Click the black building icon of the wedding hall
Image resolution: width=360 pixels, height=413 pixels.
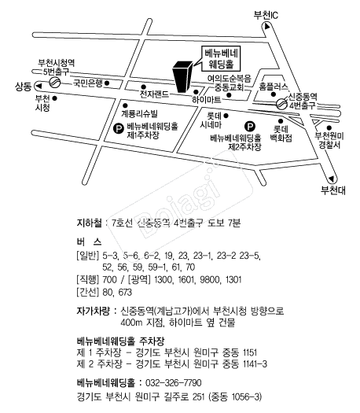coord(182,77)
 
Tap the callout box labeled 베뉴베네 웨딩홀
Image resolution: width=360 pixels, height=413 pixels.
coord(221,59)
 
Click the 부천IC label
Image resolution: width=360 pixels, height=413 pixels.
coord(266,15)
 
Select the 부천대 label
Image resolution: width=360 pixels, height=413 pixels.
coord(333,190)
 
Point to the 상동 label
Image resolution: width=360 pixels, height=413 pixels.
coord(23,87)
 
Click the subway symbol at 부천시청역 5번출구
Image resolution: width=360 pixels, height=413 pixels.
coord(55,83)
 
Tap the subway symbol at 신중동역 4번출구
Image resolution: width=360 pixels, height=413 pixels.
coord(281,104)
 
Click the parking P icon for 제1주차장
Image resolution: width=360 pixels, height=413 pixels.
coord(118,128)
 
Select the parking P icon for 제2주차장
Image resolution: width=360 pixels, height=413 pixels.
coord(250,127)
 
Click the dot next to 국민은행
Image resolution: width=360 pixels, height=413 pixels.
coord(107,83)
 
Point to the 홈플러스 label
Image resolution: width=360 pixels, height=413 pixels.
coord(274,87)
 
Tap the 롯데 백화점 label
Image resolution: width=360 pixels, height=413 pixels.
coord(281,134)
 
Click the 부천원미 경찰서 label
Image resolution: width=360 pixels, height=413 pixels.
coord(329,140)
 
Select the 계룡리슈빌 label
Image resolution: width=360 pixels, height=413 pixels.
coord(139,113)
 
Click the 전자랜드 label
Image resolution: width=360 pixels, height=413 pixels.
coord(154,94)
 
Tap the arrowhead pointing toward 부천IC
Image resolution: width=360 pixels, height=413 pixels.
coord(267,26)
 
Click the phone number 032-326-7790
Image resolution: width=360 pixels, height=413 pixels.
coord(174,382)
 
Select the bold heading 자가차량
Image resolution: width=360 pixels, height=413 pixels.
coord(93,311)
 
